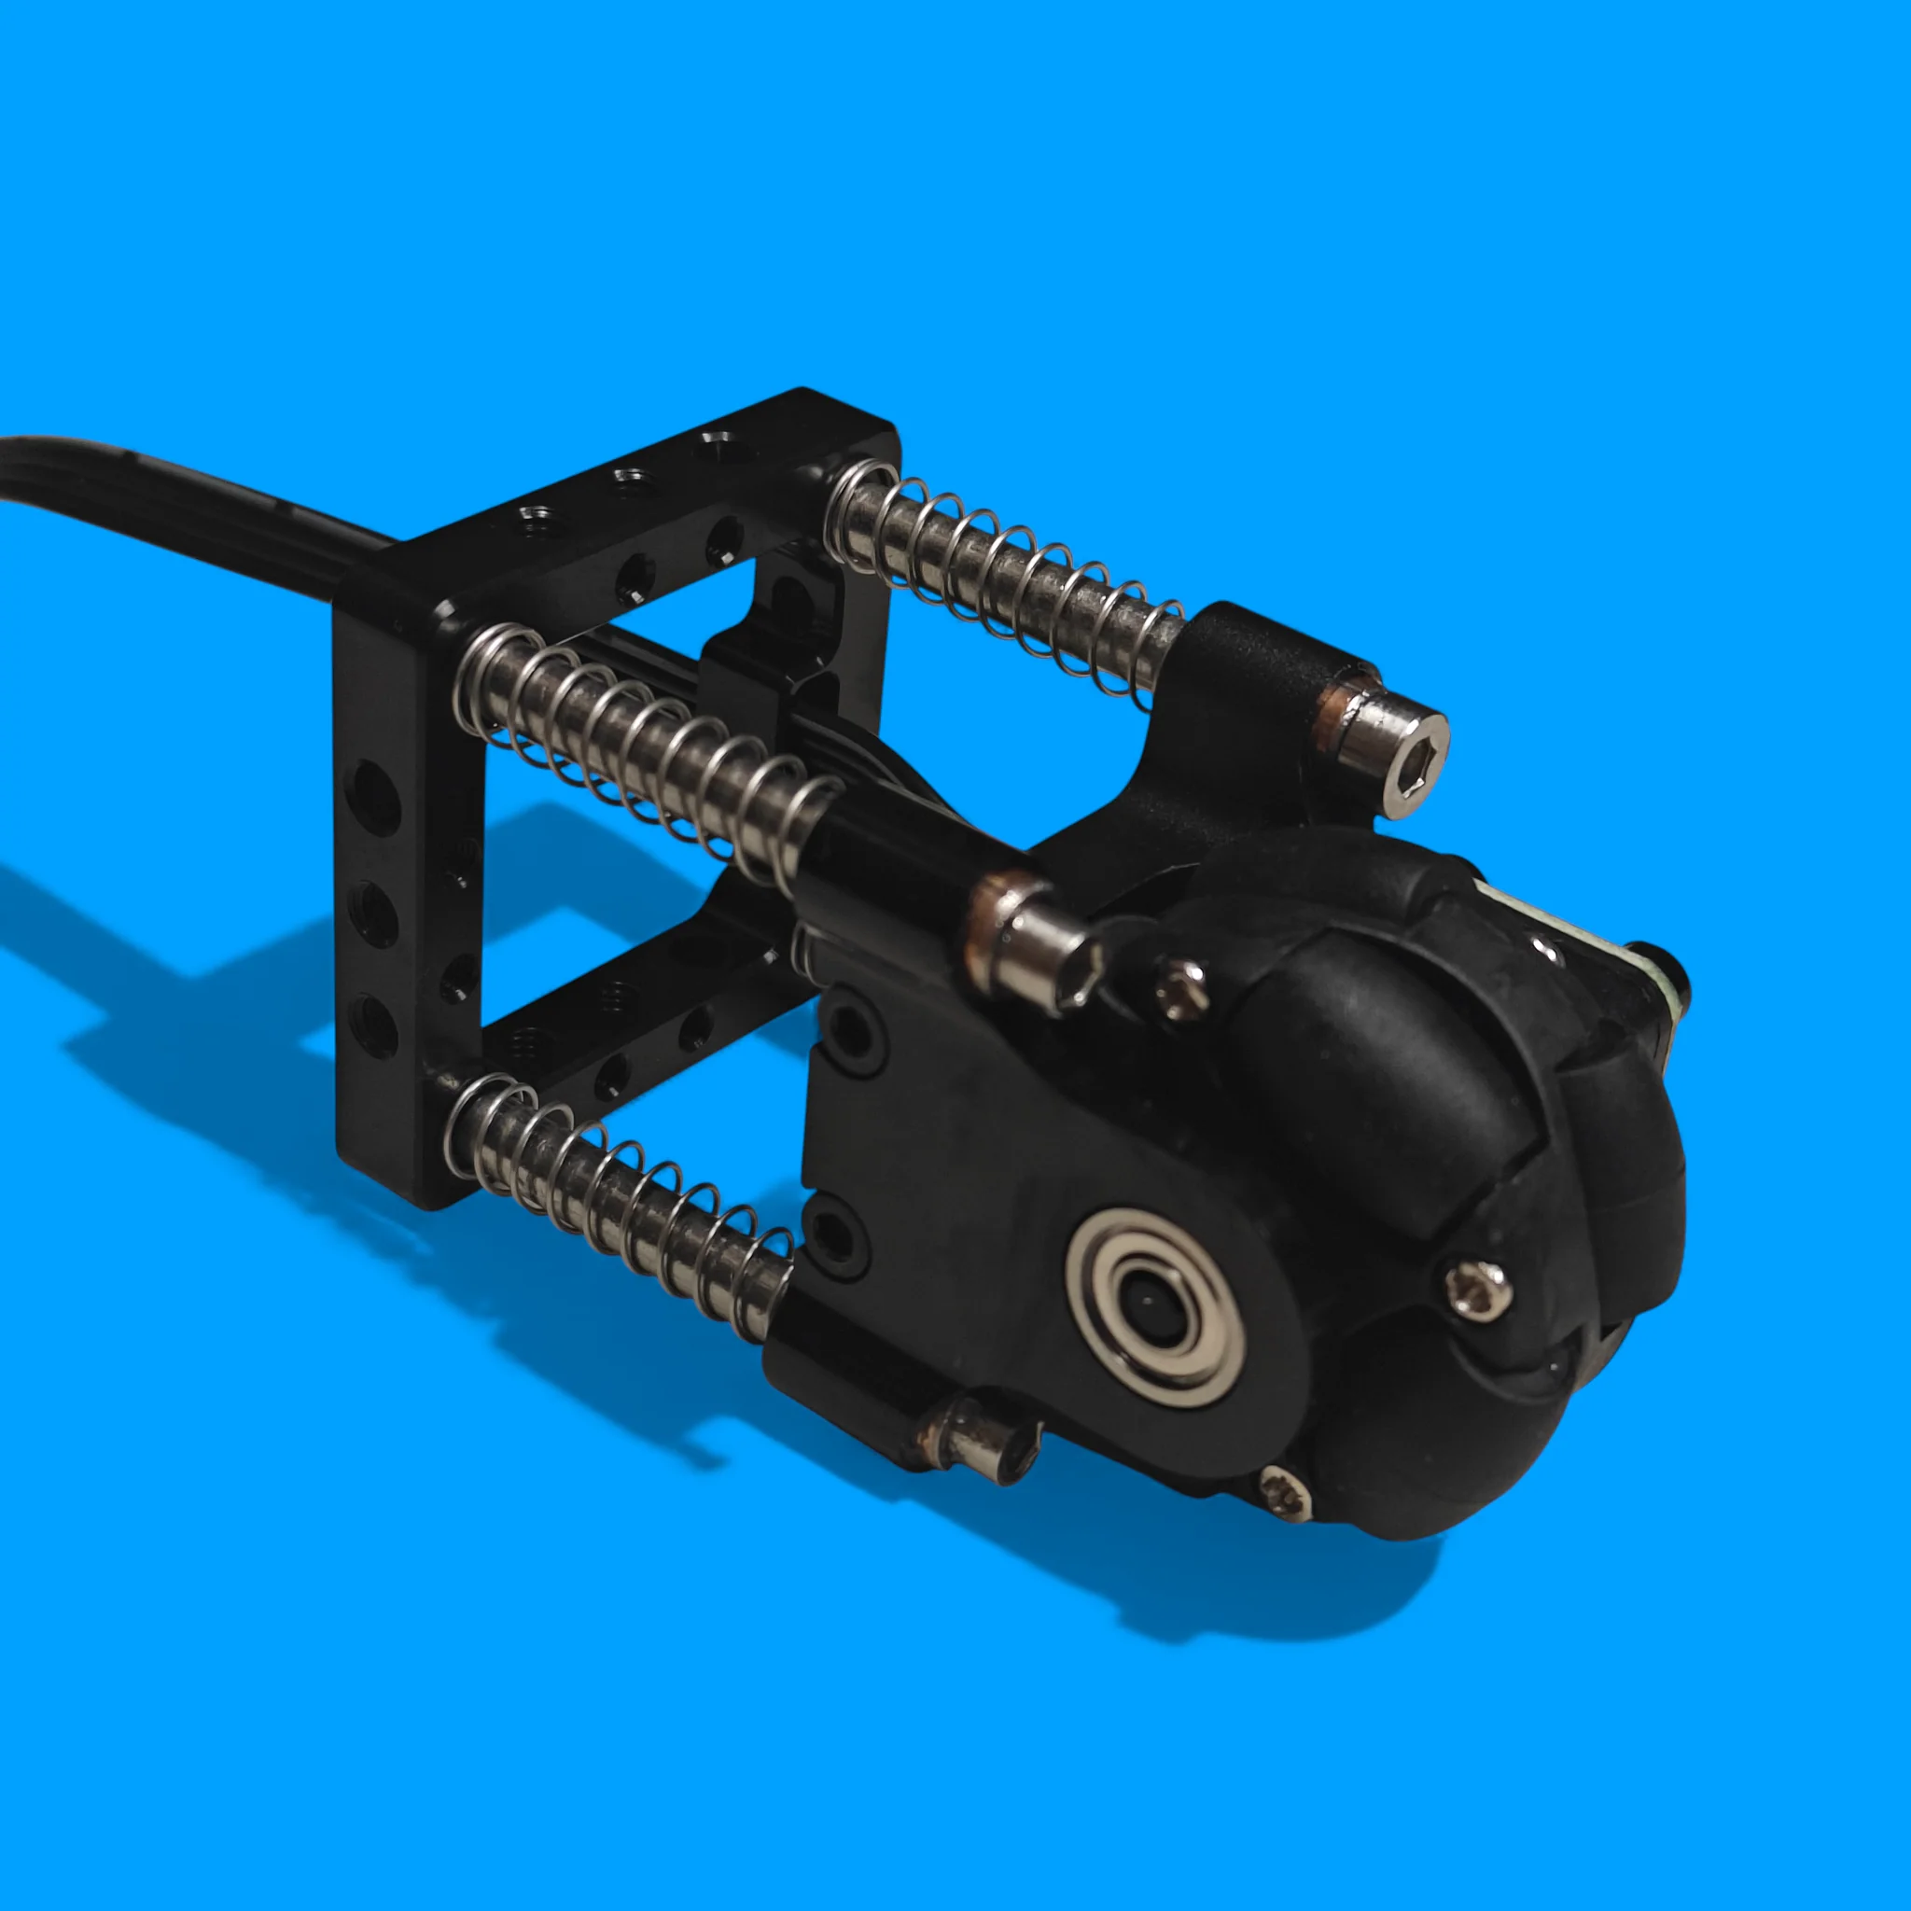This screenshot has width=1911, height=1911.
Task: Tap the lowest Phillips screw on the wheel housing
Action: click(x=1287, y=1498)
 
